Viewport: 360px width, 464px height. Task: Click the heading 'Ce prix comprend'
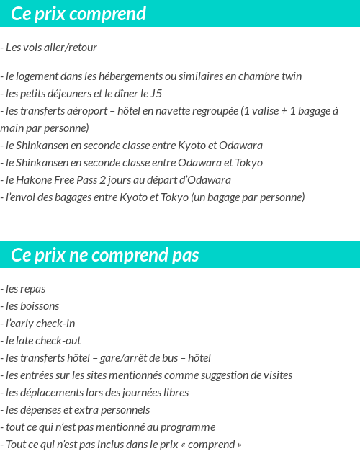tap(78, 14)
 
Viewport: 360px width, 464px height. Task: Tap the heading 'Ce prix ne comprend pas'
tap(105, 256)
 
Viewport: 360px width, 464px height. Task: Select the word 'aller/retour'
tap(70, 48)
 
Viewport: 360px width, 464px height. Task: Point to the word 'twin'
tap(291, 76)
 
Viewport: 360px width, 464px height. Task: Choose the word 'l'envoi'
tap(20, 197)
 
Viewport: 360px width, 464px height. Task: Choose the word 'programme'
tap(191, 427)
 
